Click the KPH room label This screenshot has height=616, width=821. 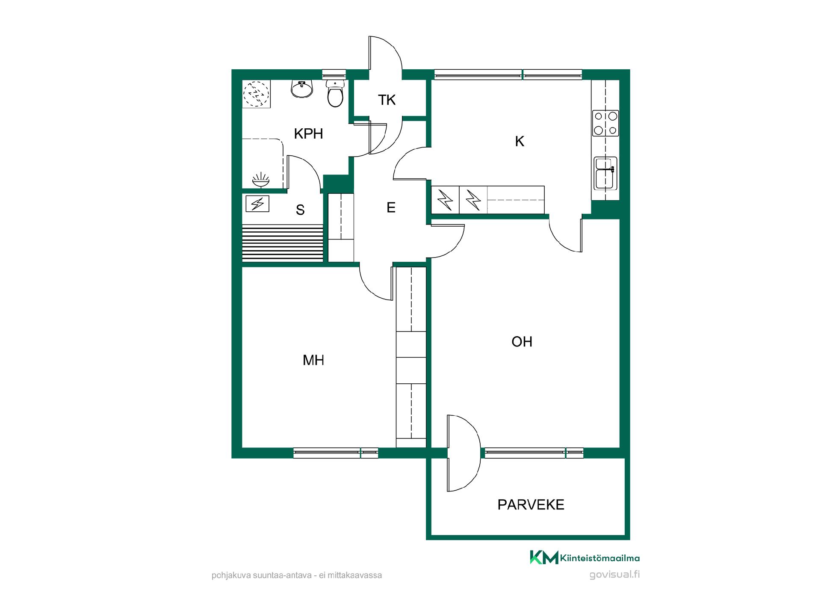coord(308,134)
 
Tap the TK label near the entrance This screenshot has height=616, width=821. coord(387,100)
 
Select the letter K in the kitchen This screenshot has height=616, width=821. coord(520,141)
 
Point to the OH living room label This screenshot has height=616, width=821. coord(522,341)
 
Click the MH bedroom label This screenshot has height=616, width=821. coord(313,360)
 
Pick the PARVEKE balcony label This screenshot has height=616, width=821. coord(531,505)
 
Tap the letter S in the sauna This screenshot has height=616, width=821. coord(300,210)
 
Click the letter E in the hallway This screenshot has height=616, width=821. coord(391,207)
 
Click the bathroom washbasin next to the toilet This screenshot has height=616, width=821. coord(302,89)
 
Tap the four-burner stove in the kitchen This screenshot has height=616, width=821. coord(605,123)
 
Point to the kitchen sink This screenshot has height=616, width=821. coord(605,173)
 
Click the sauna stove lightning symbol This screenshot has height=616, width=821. coord(257,204)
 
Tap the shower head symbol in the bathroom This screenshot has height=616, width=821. coord(261,180)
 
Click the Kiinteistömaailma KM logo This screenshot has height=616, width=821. coord(544,557)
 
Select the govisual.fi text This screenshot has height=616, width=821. coord(614,575)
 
